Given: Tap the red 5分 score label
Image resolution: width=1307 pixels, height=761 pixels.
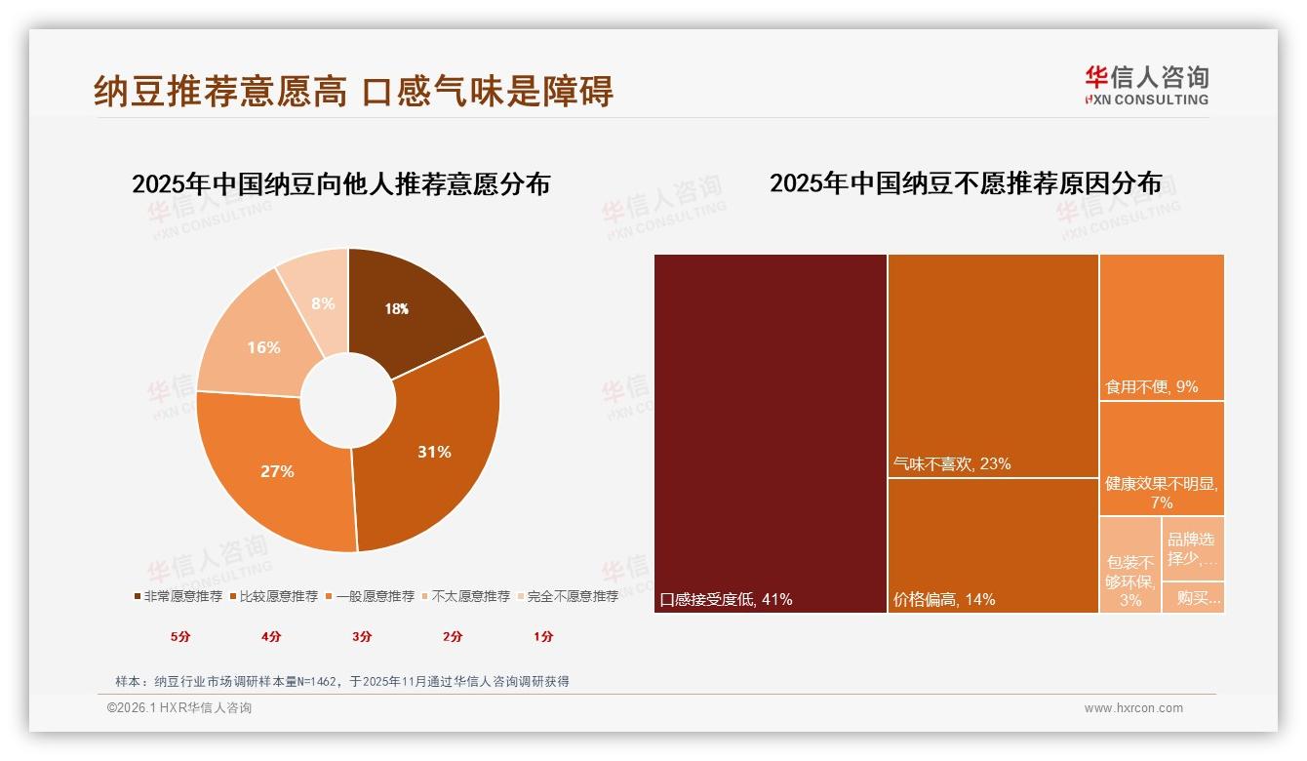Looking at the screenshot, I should point(180,636).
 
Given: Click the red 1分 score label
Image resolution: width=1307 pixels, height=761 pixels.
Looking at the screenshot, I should point(543,636).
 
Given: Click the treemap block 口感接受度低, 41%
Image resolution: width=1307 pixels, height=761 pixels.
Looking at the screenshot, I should point(771,433).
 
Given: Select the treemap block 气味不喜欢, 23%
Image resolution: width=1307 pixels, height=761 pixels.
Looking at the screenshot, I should point(993,365).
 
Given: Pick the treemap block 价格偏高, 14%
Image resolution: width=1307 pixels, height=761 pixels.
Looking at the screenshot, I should point(993,544).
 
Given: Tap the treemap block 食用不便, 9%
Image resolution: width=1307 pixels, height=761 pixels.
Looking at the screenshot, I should point(1162,326).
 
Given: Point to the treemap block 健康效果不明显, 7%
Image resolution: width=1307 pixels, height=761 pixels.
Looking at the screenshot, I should point(1162,458).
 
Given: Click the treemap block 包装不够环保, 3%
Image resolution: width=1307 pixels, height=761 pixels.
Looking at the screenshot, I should point(1130,565).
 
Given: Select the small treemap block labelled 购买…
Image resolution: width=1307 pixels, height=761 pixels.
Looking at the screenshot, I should point(1193,597).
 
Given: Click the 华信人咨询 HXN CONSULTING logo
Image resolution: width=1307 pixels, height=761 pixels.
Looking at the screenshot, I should point(1146,85).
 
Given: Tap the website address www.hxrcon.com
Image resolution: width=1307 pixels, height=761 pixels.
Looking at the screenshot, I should point(1133,708).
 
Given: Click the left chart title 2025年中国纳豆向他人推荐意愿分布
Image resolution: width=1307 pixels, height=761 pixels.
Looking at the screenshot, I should point(341,183).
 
